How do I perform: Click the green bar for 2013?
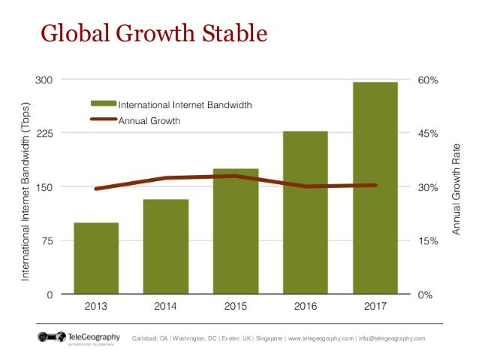pyautogui.click(x=96, y=259)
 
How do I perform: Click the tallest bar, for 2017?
pyautogui.click(x=375, y=188)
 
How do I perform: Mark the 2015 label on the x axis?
pyautogui.click(x=236, y=307)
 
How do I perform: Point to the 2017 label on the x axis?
pyautogui.click(x=375, y=307)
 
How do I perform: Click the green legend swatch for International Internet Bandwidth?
pyautogui.click(x=102, y=104)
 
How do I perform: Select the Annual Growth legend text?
pyautogui.click(x=149, y=119)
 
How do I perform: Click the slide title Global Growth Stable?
pyautogui.click(x=153, y=34)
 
